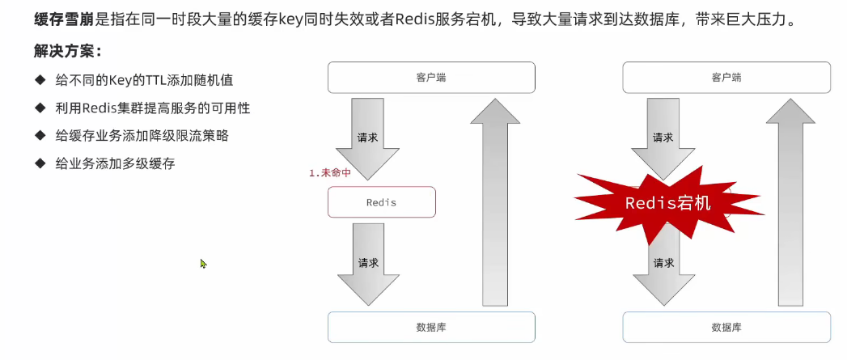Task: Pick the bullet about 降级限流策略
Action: [142, 135]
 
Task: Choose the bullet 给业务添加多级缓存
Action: [115, 163]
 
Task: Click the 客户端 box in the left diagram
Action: [431, 78]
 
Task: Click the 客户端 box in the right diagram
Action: [726, 78]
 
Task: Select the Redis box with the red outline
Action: [382, 202]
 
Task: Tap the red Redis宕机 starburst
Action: [668, 202]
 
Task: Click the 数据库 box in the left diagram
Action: [431, 327]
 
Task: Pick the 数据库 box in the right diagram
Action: [726, 327]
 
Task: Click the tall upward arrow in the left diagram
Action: [496, 202]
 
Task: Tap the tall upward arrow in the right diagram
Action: [790, 202]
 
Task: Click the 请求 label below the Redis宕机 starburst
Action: [663, 263]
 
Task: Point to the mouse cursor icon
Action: [203, 263]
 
